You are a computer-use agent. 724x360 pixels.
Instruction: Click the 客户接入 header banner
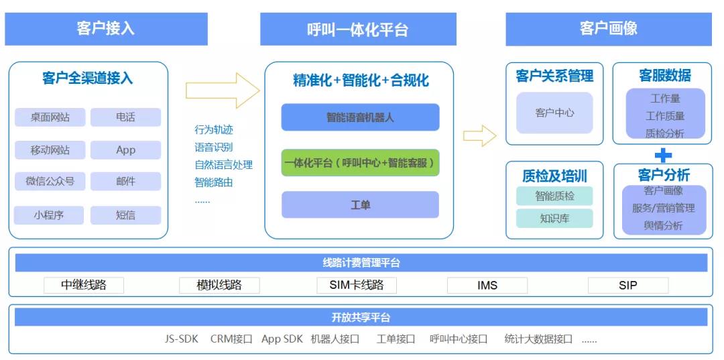[x=106, y=29]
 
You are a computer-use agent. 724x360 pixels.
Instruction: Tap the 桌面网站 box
[x=50, y=117]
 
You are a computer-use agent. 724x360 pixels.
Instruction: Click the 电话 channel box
[x=125, y=117]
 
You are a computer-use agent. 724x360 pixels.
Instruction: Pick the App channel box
[x=125, y=149]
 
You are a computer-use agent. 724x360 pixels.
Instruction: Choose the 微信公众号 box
[x=50, y=181]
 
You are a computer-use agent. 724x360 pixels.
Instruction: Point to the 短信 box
[x=125, y=215]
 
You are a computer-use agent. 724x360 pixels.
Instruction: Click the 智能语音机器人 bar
[x=360, y=117]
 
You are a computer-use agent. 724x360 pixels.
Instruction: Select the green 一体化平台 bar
[x=360, y=163]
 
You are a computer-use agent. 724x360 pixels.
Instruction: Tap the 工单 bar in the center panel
[x=360, y=204]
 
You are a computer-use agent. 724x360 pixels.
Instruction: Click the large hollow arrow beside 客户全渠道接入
[x=222, y=90]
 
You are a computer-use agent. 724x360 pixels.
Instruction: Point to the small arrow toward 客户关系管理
[x=479, y=136]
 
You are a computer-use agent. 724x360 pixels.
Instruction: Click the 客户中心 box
[x=554, y=113]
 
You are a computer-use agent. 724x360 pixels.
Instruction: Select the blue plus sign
[x=662, y=156]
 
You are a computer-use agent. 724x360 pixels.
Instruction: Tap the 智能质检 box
[x=554, y=196]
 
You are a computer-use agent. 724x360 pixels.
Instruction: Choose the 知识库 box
[x=554, y=218]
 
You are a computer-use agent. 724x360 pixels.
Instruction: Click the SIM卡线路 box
[x=357, y=285]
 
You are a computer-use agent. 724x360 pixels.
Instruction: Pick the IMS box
[x=487, y=285]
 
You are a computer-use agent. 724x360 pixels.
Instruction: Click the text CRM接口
[x=231, y=339]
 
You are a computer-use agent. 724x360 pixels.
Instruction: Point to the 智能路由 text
[x=214, y=182]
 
